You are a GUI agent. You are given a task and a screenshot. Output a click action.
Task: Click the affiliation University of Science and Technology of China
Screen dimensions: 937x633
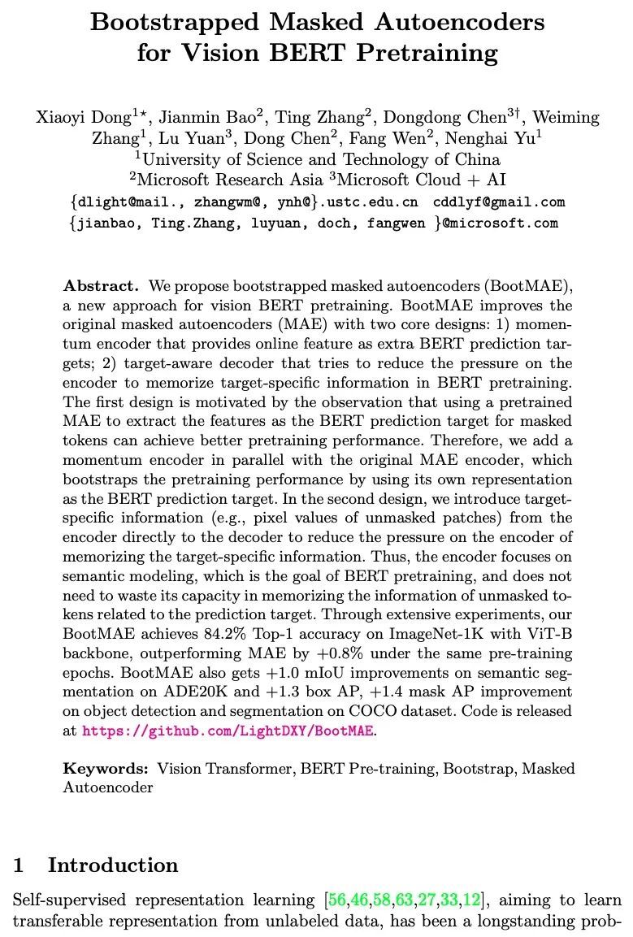(320, 159)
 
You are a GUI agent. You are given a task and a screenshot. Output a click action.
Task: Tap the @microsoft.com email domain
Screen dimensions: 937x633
(500, 223)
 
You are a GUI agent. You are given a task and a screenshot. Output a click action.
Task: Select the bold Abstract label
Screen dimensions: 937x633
(102, 286)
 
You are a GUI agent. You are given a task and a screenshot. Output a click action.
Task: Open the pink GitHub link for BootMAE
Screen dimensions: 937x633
(228, 731)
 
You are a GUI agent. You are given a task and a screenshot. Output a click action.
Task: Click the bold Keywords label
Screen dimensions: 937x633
(106, 769)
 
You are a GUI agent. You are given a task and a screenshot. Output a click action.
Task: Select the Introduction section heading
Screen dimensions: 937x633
(112, 865)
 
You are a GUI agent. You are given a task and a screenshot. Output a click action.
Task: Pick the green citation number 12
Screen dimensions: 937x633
(471, 900)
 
